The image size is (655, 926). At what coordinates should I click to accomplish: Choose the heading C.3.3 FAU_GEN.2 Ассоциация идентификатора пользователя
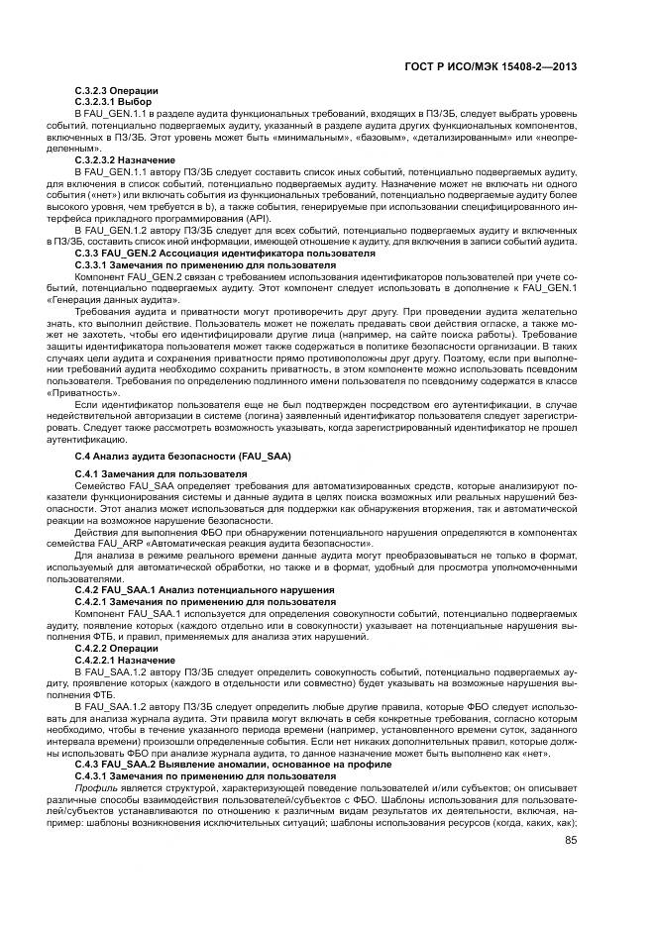(x=205, y=253)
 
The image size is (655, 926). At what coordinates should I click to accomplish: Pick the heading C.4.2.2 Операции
(x=110, y=648)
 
